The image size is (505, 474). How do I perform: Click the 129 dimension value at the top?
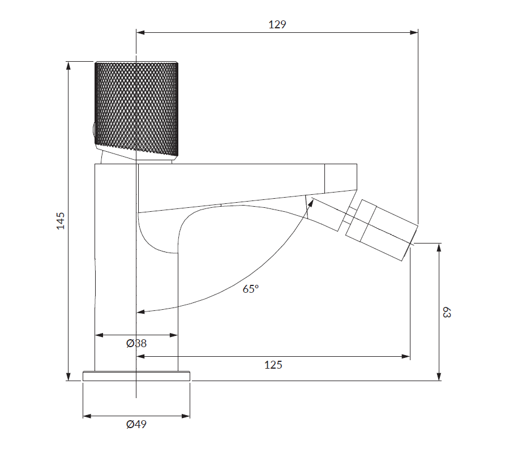277,24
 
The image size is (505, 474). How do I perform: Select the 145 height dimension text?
61,221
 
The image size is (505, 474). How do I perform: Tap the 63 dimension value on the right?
447,312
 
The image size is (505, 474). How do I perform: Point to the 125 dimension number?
273,365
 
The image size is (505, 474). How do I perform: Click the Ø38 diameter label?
136,344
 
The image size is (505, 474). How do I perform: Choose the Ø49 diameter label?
136,424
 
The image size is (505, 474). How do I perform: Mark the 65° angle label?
251,289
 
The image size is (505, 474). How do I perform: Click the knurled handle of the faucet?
136,108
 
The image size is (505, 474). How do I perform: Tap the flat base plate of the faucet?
136,376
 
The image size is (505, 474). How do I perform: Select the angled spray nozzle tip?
382,230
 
